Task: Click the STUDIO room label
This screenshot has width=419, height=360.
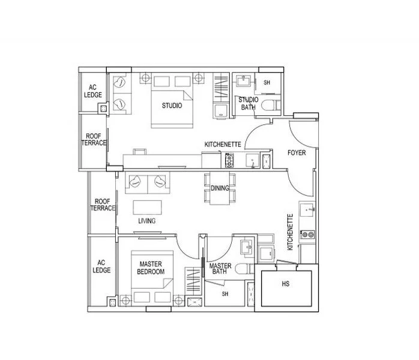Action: pos(172,106)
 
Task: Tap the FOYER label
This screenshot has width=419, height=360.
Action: pos(297,153)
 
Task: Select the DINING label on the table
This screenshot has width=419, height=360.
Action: pos(220,188)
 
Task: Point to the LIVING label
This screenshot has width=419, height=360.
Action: pos(146,221)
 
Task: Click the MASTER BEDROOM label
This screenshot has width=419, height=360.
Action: pos(151,268)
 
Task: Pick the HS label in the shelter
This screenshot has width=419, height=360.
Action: pos(286,284)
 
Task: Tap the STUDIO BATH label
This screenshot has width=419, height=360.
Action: pos(249,103)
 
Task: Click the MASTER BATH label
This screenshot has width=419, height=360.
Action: pos(220,268)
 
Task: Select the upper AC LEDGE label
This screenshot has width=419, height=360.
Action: pos(92,91)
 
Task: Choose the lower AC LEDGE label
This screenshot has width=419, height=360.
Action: pos(101,266)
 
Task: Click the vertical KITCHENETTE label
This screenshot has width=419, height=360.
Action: pos(290,232)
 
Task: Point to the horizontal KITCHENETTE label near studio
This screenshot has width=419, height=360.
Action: pos(223,145)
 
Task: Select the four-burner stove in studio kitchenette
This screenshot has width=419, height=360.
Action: pos(229,160)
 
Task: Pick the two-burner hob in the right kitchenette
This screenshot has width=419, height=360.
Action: pos(307,235)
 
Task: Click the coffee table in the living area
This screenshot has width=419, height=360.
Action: pos(147,208)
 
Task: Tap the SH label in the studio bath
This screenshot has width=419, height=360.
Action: pos(267,83)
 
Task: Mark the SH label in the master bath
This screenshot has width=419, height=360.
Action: pos(225,294)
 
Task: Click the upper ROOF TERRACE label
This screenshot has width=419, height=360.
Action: pos(94,139)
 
